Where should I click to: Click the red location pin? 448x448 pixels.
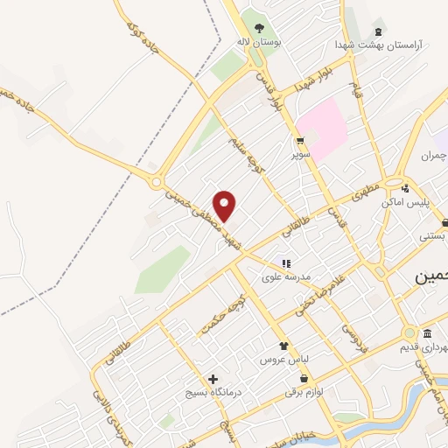click(x=226, y=205)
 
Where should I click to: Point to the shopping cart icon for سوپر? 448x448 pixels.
click(x=300, y=141)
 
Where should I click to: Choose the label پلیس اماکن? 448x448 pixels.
click(x=403, y=202)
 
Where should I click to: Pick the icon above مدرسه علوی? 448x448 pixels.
click(x=285, y=263)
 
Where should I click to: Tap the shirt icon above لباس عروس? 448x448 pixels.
click(x=283, y=346)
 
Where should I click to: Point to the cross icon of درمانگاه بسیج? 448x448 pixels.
click(x=213, y=379)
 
